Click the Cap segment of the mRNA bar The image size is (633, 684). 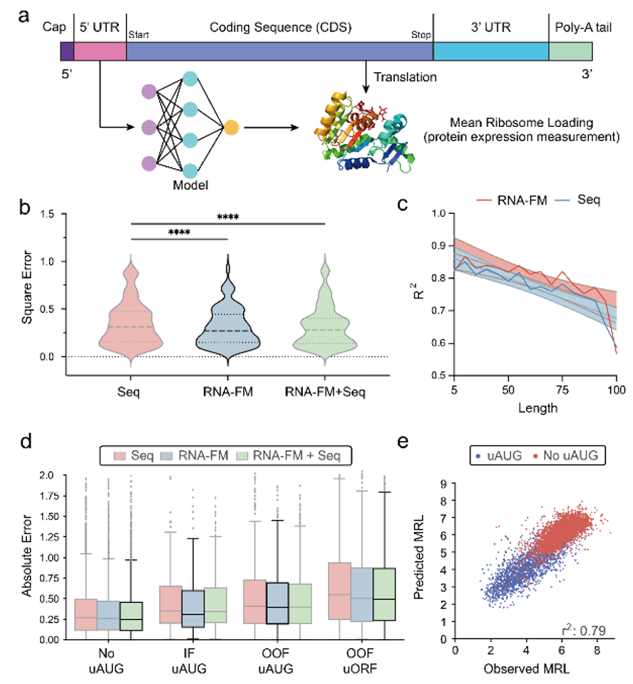pyautogui.click(x=67, y=52)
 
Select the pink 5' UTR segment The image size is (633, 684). pyautogui.click(x=100, y=52)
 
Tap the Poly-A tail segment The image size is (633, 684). pyautogui.click(x=570, y=52)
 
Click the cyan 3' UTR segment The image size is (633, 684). pyautogui.click(x=490, y=52)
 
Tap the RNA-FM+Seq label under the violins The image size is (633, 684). pyautogui.click(x=324, y=392)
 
